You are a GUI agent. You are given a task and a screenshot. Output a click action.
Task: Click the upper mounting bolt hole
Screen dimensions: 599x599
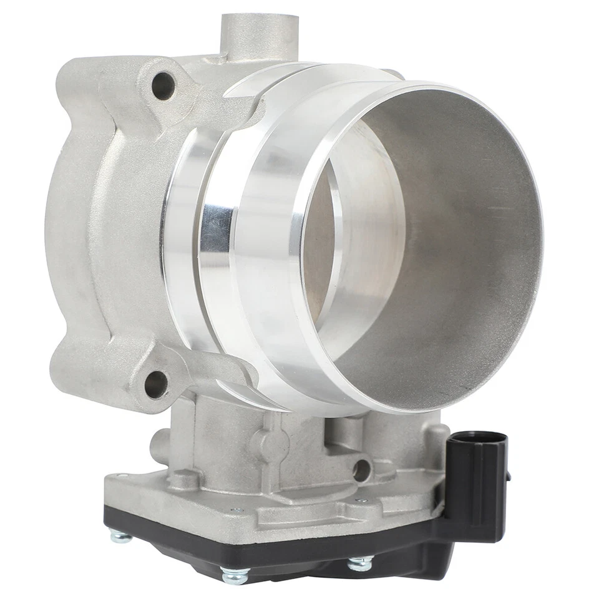(163, 85)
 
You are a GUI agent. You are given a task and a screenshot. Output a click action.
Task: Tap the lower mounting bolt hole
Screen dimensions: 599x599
(155, 384)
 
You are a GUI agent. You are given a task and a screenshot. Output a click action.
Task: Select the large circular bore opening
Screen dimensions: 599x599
(424, 250)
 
